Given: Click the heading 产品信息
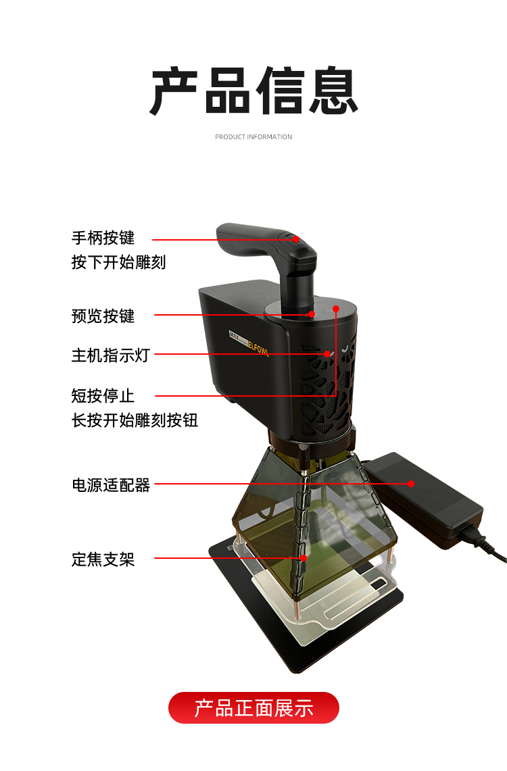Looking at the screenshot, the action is click(x=254, y=91).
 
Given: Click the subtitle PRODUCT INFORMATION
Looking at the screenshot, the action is click(x=254, y=136).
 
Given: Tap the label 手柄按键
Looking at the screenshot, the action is click(x=103, y=238).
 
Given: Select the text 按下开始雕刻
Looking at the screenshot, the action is click(x=118, y=262).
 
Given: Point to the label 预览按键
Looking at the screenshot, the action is click(x=103, y=316).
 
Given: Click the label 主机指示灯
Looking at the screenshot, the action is click(x=111, y=355).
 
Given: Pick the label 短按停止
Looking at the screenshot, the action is click(x=103, y=395).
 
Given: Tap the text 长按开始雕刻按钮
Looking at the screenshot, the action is click(x=135, y=420).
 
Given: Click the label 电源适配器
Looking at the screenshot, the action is click(x=111, y=485).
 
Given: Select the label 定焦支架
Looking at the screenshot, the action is click(x=103, y=559).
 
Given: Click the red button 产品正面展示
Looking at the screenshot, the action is click(x=254, y=707).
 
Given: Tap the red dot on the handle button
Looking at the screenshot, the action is click(x=296, y=239).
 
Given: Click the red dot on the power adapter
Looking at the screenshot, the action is click(x=411, y=484).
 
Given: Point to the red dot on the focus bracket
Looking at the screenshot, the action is click(x=304, y=558).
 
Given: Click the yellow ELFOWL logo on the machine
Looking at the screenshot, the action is click(x=258, y=346).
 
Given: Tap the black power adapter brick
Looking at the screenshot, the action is click(x=424, y=499).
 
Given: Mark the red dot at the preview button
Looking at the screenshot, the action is click(x=312, y=314).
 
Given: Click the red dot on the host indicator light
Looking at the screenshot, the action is click(x=327, y=353).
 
